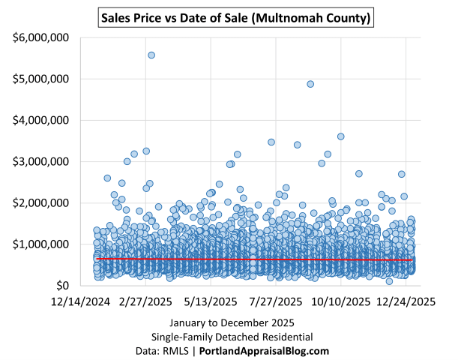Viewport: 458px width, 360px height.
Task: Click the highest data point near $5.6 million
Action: pos(151,55)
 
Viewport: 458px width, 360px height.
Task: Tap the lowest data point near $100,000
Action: pos(389,281)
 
